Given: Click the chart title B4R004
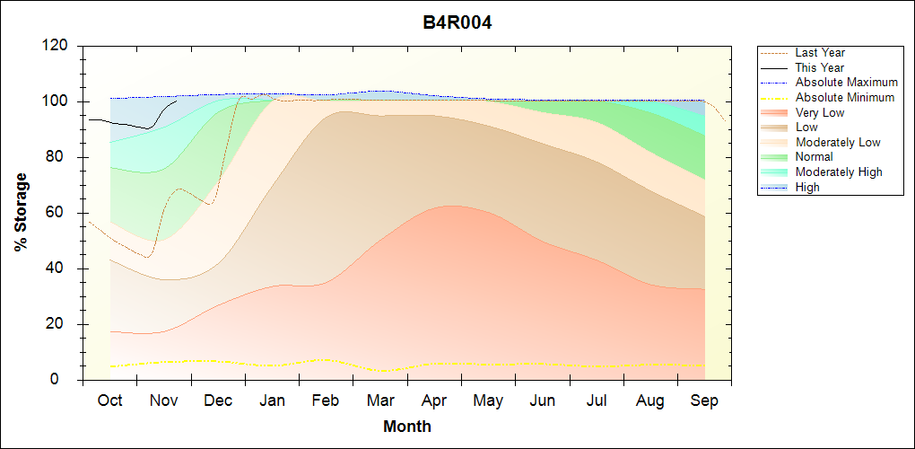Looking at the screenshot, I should pos(457,22).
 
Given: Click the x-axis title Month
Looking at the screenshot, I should pos(407,427).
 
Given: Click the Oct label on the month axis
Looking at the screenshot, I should pos(109,401).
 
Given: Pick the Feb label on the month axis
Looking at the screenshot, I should pos(327,401).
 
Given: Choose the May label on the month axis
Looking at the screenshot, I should pos(488,401).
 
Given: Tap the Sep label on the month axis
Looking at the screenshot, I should pos(704,401).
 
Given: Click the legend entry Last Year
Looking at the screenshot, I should pos(820,53).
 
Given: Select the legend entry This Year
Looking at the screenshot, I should pos(820,67).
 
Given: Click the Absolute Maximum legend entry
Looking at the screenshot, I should pos(846,83).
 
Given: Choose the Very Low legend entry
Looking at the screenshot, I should pos(820,112).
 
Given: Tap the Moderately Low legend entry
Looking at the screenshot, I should pos(838,142).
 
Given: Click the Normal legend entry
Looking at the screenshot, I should pos(815,157).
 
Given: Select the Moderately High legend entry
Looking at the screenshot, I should pos(839,172).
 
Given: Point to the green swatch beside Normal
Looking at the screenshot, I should pos(774,157).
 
